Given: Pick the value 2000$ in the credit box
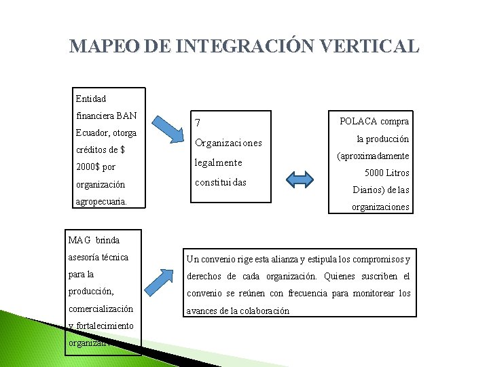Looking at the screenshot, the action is pyautogui.click(x=86, y=167).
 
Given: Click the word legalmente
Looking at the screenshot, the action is pyautogui.click(x=218, y=163).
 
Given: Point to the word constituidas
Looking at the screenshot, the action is pyautogui.click(x=220, y=183).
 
